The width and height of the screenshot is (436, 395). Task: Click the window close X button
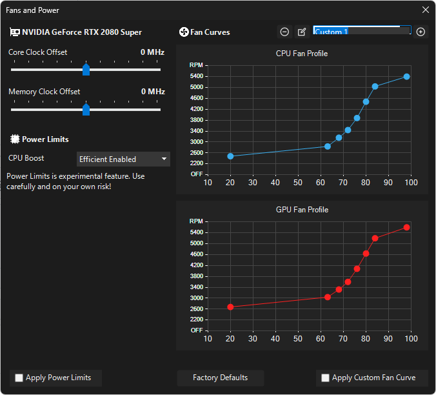425,10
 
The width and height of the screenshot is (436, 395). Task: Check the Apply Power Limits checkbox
19,378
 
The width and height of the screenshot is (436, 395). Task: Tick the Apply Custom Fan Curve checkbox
326,378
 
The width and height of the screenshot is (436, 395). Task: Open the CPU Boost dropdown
123,159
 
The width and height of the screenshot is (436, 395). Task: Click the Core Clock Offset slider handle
86,70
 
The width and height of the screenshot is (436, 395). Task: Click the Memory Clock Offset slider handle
86,110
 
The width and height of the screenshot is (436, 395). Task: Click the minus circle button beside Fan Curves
284,32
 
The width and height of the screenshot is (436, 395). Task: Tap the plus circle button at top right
421,32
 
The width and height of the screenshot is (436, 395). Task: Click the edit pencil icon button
302,32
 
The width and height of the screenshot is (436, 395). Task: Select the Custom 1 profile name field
361,32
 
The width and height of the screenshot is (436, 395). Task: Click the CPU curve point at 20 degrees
230,156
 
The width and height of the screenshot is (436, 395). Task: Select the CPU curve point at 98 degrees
406,77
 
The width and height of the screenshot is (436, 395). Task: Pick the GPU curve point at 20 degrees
230,307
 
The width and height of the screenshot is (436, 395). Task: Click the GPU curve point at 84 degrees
375,238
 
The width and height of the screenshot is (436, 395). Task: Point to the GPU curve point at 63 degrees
328,297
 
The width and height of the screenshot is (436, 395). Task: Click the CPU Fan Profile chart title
302,54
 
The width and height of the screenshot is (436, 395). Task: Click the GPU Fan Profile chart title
302,210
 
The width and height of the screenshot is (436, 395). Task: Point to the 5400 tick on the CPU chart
197,76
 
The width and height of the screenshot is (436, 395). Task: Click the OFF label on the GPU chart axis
196,330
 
